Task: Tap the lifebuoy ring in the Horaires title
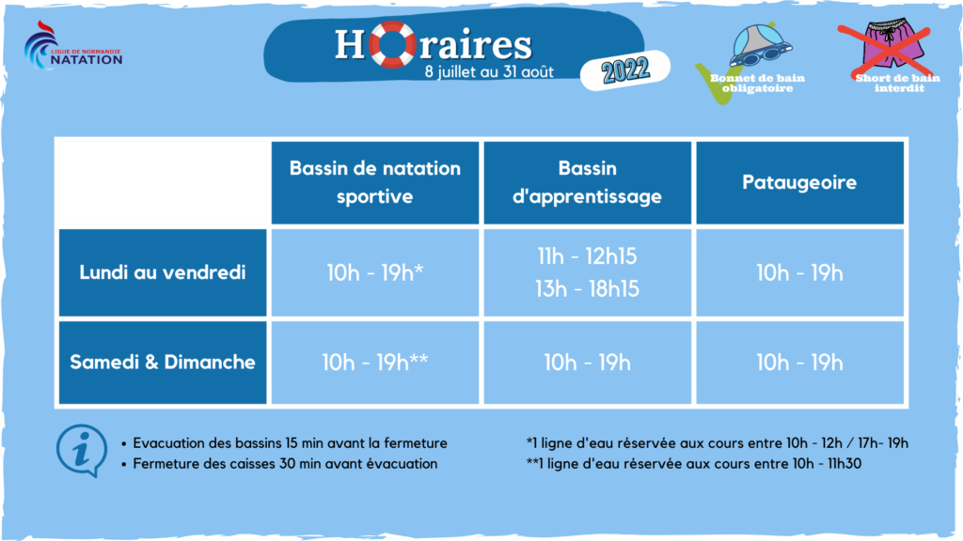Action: tap(392, 44)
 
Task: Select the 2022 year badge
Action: tap(625, 70)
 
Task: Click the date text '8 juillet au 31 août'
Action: tap(489, 71)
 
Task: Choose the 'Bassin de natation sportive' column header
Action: tap(374, 182)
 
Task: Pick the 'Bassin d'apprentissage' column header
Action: tap(587, 182)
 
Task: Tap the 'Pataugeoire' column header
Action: tap(799, 182)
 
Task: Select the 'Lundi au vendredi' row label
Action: tap(163, 272)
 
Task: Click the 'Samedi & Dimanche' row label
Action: tap(163, 362)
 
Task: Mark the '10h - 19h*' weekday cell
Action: tap(374, 273)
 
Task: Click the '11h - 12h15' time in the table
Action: tap(587, 256)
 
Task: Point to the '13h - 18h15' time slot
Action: tap(587, 289)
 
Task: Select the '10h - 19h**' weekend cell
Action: tap(374, 363)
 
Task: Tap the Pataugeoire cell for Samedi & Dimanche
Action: tap(799, 363)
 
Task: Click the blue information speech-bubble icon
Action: tap(82, 451)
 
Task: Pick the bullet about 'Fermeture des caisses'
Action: tap(280, 464)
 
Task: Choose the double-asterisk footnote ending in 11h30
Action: tap(694, 464)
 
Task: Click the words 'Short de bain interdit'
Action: tap(898, 83)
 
